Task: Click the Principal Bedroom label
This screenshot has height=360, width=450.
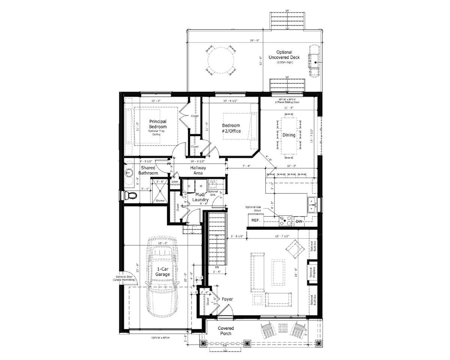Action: pos(158,124)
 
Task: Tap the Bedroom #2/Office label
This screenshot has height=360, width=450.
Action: pos(231,128)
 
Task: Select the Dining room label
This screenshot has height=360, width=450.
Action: pos(289,135)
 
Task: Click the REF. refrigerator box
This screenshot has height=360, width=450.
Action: pos(256,220)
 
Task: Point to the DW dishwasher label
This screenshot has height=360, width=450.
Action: pos(299,222)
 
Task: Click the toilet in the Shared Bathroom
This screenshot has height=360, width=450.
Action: pos(131,195)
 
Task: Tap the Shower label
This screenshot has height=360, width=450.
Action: pos(160,201)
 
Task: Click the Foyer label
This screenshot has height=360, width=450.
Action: pos(227,299)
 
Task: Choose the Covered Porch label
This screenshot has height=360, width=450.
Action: pos(226,331)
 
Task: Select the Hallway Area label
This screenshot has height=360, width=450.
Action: pos(198,170)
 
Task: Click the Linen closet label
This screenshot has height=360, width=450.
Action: pos(175,182)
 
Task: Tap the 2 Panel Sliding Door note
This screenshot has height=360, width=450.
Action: pos(287,102)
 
